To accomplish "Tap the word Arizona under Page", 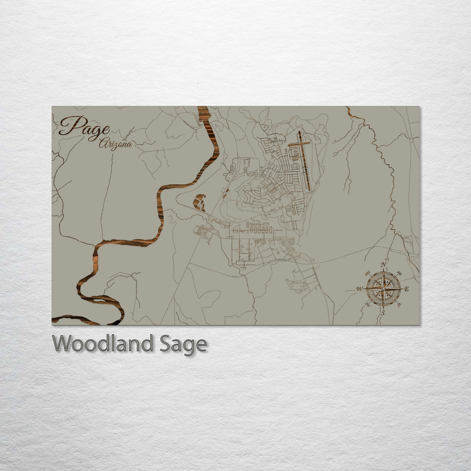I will [x=115, y=144].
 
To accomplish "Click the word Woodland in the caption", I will [x=102, y=344].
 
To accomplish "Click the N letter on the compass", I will [x=383, y=265].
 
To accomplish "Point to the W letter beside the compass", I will [x=359, y=289].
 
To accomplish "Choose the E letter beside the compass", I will [x=406, y=289].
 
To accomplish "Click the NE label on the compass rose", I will [x=399, y=273].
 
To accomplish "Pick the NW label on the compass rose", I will [x=367, y=273].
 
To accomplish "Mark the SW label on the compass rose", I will [x=367, y=304].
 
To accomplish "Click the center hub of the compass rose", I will [x=383, y=289].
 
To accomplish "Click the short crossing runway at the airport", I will [x=299, y=143].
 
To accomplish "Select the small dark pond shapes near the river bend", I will [x=199, y=203].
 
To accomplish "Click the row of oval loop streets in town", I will [x=258, y=230].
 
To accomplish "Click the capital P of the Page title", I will [x=70, y=126].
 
